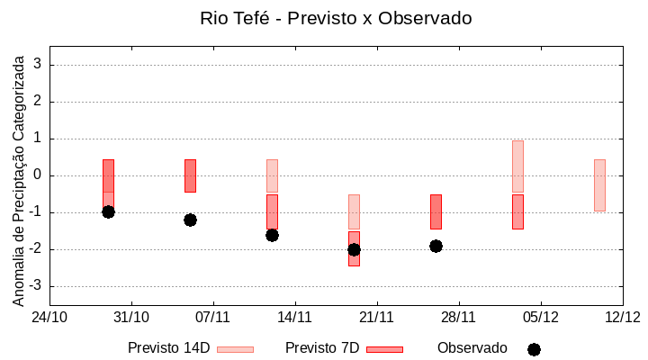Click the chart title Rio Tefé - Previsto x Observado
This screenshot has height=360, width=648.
[x=336, y=18]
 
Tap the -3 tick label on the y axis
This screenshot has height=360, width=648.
[x=34, y=286]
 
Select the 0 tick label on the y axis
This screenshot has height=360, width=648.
[x=38, y=175]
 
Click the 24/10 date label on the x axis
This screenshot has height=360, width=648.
[x=49, y=317]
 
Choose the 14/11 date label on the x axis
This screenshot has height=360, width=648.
[x=294, y=317]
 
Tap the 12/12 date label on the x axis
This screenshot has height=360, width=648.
[x=622, y=317]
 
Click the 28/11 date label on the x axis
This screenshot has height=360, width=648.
[x=458, y=317]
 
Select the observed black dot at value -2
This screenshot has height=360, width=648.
[x=354, y=249]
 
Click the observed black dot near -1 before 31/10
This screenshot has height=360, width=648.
[x=108, y=211]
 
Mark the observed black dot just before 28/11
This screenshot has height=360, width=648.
[x=436, y=246]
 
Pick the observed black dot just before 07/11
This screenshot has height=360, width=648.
[x=190, y=220]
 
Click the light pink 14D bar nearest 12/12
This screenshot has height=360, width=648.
[x=599, y=184]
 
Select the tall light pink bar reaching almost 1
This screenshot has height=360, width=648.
[x=517, y=166]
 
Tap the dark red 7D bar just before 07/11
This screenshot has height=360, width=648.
[x=190, y=175]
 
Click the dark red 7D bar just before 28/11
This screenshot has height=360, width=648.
[x=436, y=211]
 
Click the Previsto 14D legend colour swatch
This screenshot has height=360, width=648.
[x=235, y=349]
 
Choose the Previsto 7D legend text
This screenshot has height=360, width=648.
[x=321, y=348]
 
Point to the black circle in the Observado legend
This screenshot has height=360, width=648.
[x=534, y=349]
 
